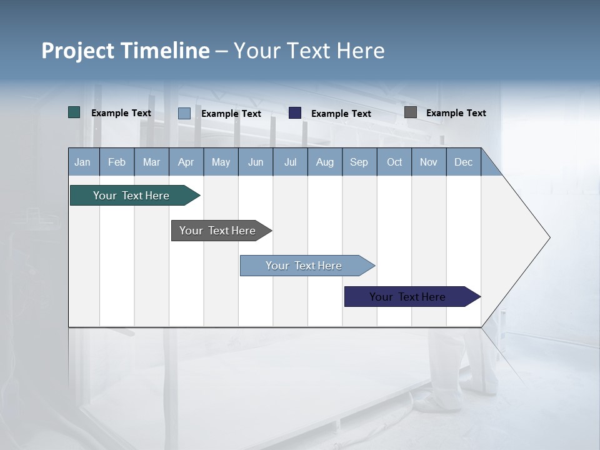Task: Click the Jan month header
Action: pos(83,162)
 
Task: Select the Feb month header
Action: pos(117,162)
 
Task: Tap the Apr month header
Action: pos(186,162)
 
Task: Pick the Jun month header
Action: pos(256,162)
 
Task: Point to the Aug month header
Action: pos(325,162)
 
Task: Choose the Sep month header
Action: pos(359,162)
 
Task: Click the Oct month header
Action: pos(394,162)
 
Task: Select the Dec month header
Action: pos(464,162)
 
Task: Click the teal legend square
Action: pos(74,112)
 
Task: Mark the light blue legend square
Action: pos(184,113)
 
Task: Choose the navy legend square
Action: pos(295,113)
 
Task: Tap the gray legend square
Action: pos(411,112)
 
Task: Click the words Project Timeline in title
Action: pos(126,51)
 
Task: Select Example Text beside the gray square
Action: pos(456,113)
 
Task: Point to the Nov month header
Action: pos(429,162)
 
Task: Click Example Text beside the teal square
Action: pos(121,113)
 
